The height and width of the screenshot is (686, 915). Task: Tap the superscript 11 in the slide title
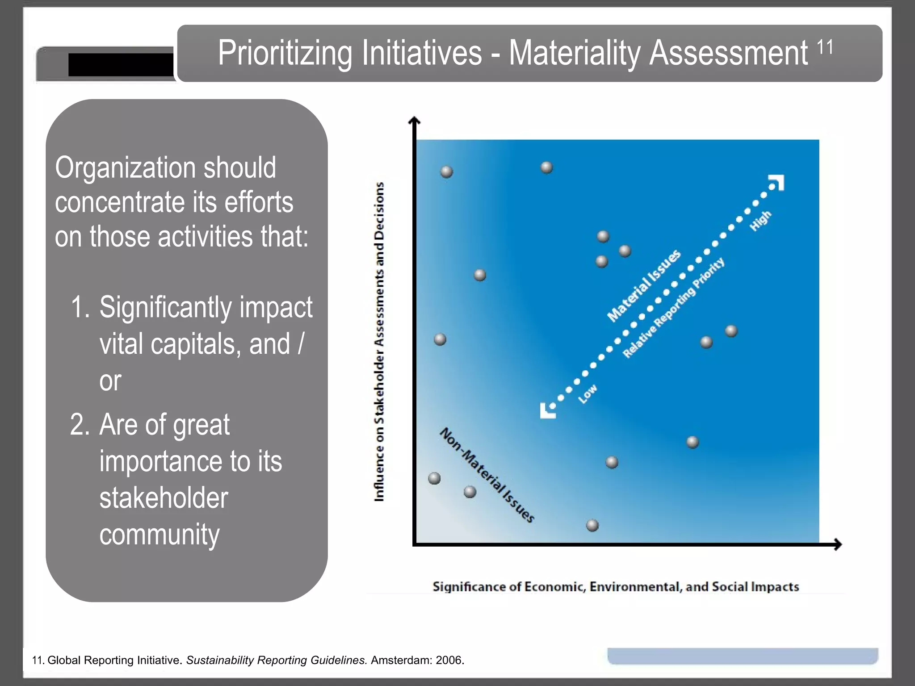point(825,47)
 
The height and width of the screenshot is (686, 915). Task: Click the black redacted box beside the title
point(121,65)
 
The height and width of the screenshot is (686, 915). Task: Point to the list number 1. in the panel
point(80,307)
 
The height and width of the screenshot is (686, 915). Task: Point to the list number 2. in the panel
point(80,425)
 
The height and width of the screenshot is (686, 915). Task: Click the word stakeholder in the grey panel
point(164,498)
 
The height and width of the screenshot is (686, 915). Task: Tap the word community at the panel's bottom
point(159,535)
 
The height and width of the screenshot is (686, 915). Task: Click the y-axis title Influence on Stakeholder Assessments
point(379,342)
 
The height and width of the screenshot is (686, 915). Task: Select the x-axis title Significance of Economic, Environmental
point(615,586)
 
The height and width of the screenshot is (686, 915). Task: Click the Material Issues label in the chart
point(644,285)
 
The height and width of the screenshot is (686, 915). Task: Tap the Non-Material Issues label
point(487,475)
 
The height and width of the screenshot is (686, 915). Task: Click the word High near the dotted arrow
point(760,221)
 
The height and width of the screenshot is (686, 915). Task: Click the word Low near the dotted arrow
point(588,393)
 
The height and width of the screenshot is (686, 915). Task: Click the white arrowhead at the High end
point(777,182)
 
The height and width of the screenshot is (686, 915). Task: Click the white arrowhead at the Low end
point(547,411)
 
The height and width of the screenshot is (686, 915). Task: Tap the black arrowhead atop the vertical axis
point(415,121)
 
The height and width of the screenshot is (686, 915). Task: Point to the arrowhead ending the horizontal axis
point(838,544)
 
